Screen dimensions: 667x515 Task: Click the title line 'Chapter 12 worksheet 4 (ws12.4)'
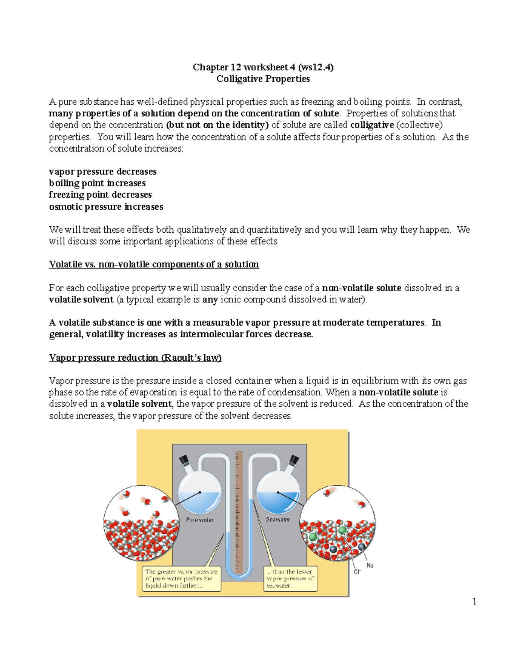tap(263, 67)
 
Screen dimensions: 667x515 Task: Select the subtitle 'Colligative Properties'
tap(263, 79)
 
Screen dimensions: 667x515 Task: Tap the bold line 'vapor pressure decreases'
tap(103, 171)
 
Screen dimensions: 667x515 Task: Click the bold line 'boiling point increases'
tap(97, 183)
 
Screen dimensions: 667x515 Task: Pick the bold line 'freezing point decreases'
tap(100, 195)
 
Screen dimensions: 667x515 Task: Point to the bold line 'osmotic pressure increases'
tap(106, 207)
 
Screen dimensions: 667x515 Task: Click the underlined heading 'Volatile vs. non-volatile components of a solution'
tap(154, 264)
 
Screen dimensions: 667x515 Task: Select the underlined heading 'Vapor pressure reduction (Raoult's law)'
tap(135, 358)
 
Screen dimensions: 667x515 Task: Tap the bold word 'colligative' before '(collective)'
tap(372, 125)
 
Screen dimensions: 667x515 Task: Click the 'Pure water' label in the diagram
tap(200, 520)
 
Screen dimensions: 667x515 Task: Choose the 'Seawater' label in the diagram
tap(278, 520)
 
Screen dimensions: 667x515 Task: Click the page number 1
tap(474, 601)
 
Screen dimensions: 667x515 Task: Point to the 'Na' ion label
tap(370, 565)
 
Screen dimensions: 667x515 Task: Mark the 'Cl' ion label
tap(357, 572)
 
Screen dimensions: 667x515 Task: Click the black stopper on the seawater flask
tap(294, 460)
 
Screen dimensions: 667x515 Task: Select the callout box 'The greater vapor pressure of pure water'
tap(182, 579)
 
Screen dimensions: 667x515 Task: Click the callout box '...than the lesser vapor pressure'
tap(291, 579)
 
